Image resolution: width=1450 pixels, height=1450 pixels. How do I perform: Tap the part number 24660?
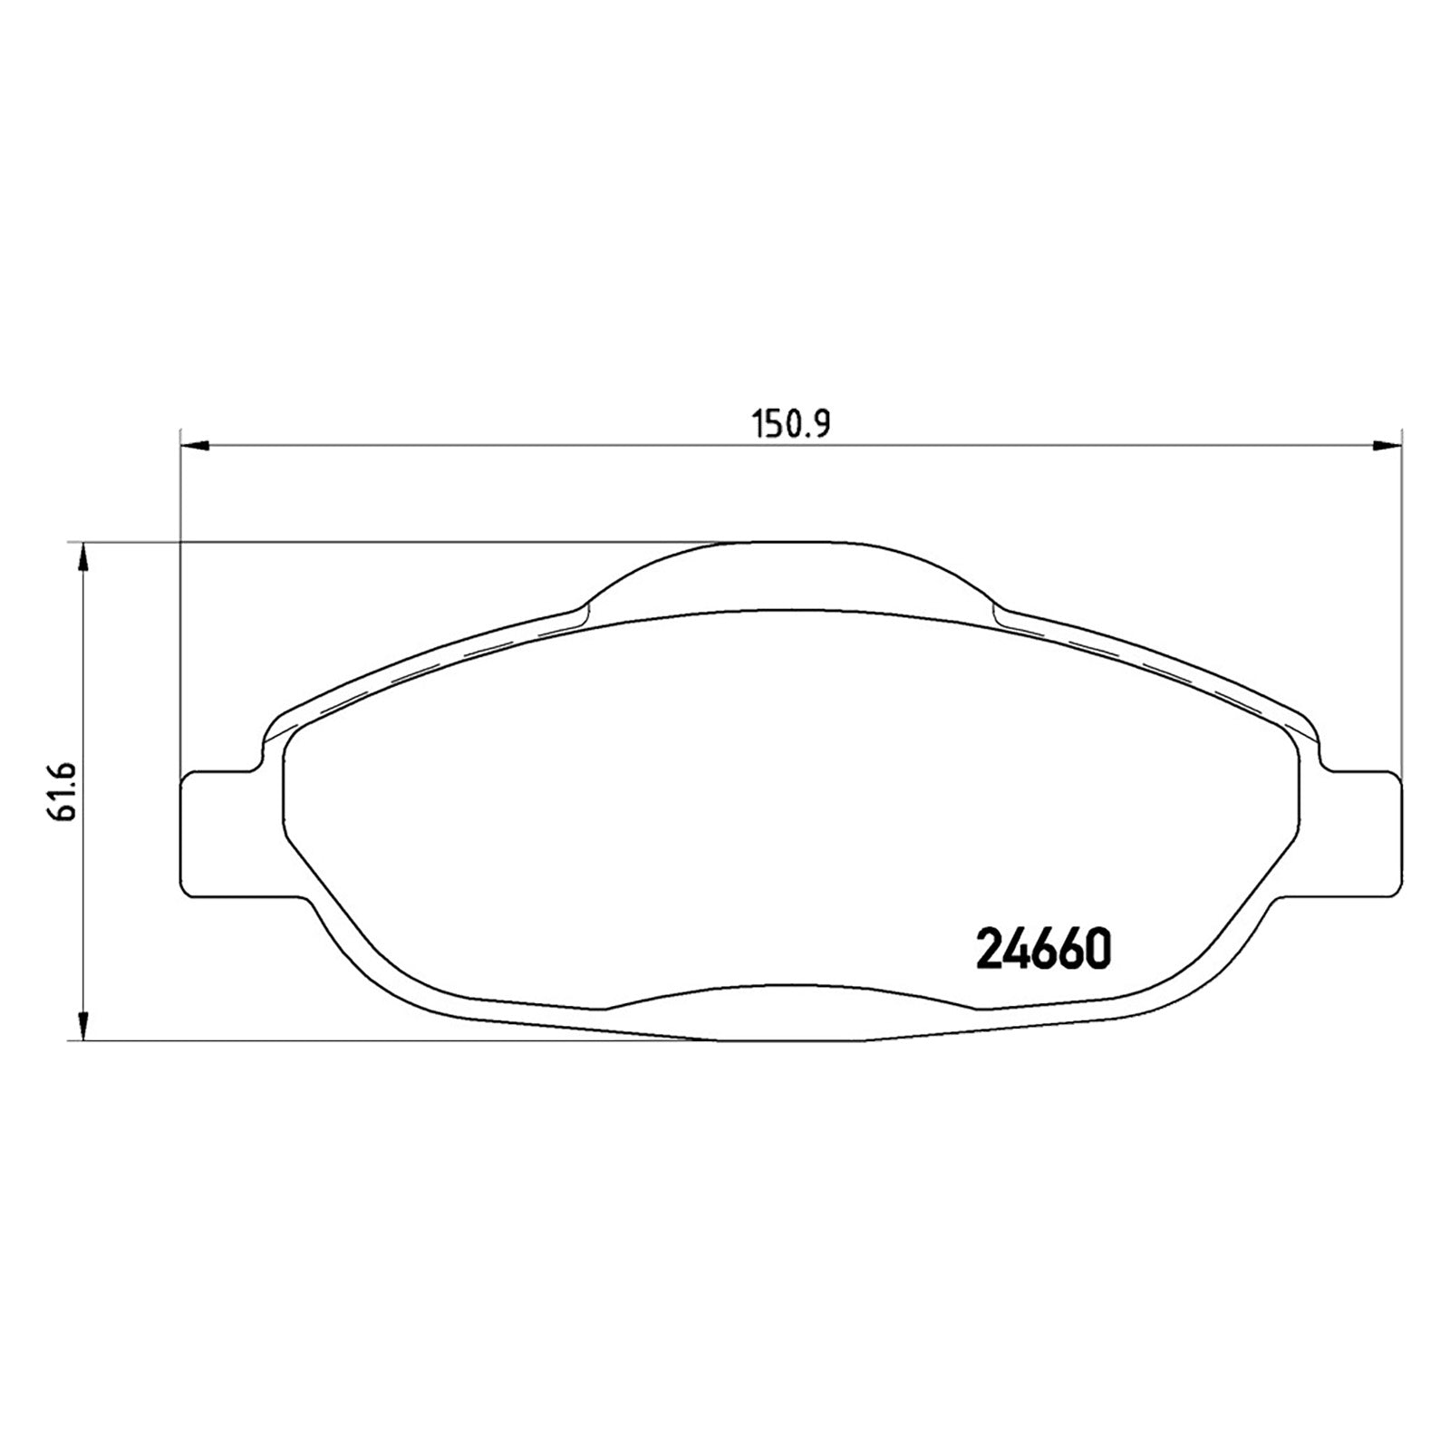pyautogui.click(x=1042, y=949)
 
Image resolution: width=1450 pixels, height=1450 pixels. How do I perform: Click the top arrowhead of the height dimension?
pyautogui.click(x=83, y=557)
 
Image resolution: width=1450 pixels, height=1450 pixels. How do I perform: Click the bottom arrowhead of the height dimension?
pyautogui.click(x=83, y=1027)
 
